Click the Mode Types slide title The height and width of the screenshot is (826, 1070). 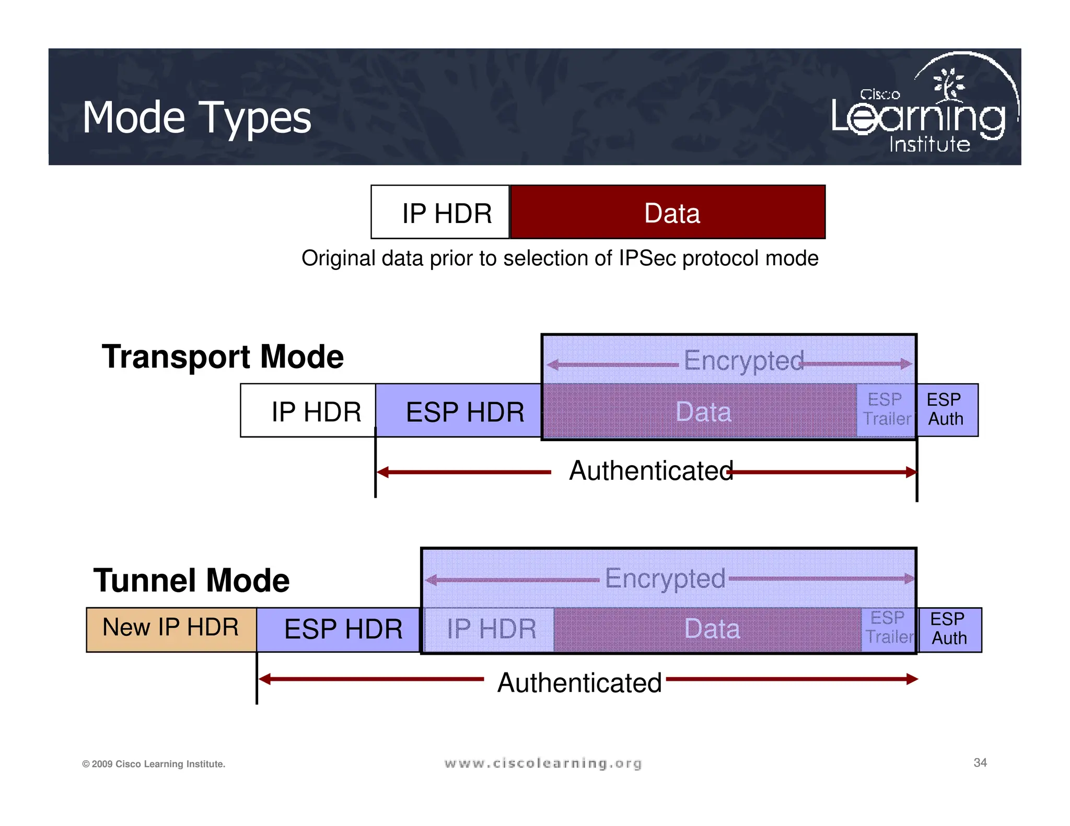tap(196, 118)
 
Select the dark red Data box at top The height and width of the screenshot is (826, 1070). tap(668, 213)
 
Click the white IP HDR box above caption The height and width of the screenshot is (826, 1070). tap(440, 213)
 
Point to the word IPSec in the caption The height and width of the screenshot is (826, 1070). tap(648, 258)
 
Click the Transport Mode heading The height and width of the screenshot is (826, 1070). tap(223, 357)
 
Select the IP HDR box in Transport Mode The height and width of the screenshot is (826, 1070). tap(308, 411)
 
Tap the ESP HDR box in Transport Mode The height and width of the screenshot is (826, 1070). tap(459, 411)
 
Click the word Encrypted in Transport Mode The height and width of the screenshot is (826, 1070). tap(743, 361)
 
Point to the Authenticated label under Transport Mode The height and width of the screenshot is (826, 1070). tap(651, 471)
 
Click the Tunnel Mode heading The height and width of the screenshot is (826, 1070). tap(191, 580)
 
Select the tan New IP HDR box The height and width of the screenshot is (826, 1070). tap(171, 629)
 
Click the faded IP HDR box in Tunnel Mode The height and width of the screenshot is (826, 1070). tap(490, 629)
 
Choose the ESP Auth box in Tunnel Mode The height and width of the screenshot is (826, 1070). tap(949, 629)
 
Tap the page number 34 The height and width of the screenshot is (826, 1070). tap(980, 762)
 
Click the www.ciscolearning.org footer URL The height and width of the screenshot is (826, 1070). tap(543, 763)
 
